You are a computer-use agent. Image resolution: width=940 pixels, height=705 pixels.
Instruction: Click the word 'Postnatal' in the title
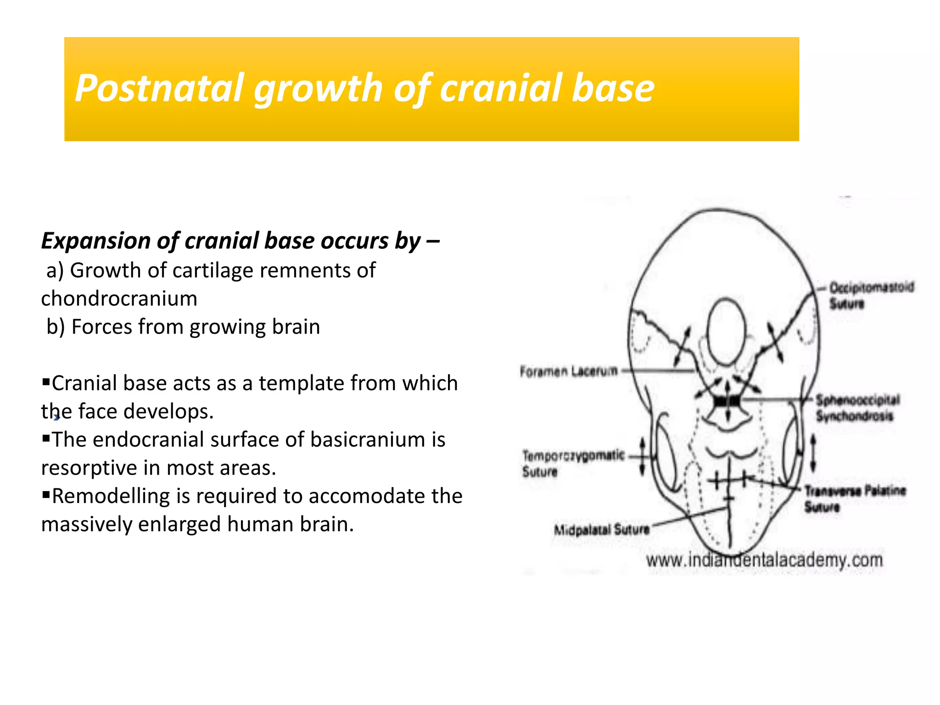159,88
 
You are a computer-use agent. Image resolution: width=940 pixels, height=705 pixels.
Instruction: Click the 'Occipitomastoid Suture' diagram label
870,295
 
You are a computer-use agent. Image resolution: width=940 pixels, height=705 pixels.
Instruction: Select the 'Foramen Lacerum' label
568,371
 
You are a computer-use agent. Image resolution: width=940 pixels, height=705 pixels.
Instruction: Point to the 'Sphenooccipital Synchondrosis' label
856,408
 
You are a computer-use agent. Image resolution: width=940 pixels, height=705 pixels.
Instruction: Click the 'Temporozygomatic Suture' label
573,463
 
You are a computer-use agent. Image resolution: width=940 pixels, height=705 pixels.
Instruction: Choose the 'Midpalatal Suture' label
601,530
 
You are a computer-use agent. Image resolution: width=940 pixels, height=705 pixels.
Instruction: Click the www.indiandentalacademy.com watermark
764,560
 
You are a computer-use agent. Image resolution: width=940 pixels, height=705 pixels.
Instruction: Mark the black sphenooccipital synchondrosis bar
727,402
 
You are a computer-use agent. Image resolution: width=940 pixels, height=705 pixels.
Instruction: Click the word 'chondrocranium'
119,299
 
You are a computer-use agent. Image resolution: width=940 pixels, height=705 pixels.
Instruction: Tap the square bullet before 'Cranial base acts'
45,381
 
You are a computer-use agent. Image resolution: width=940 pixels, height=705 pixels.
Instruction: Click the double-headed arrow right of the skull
813,453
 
